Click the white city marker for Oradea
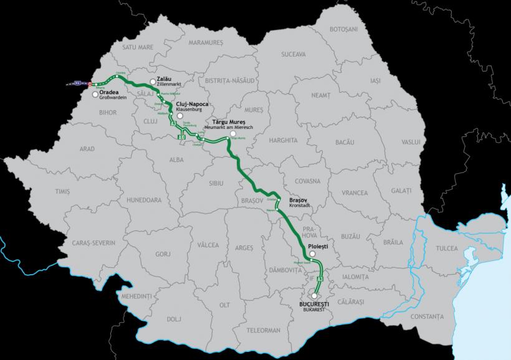point(95,95)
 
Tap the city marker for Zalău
point(153,81)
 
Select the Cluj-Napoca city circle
point(179,116)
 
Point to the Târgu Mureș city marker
point(233,133)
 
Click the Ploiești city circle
point(312,254)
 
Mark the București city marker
point(315,296)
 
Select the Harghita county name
point(284,141)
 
